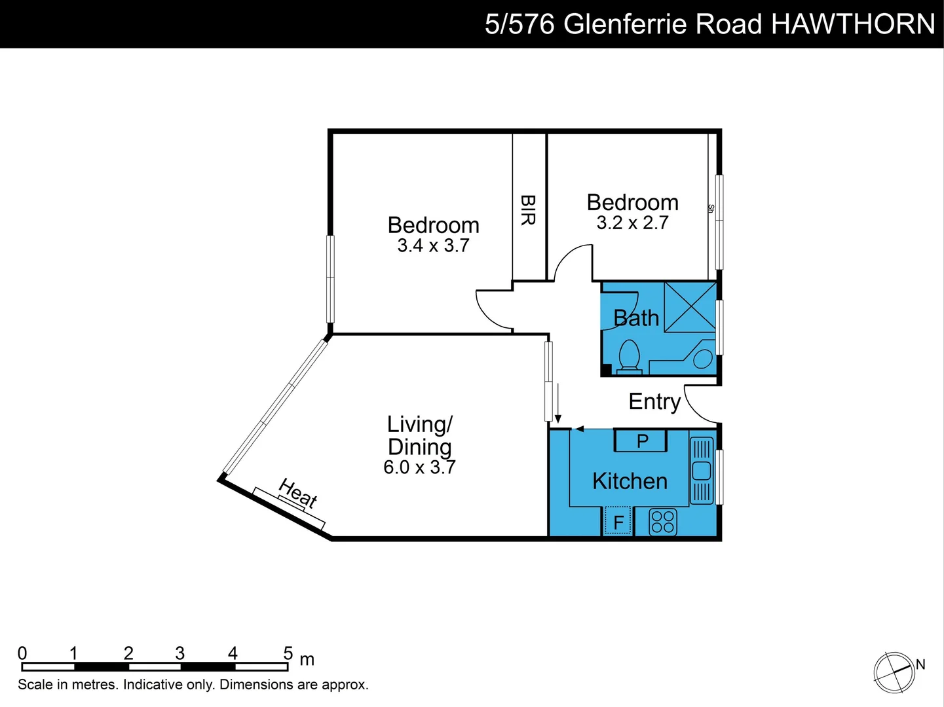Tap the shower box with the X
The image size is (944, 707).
[690, 307]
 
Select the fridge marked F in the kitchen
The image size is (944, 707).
[618, 522]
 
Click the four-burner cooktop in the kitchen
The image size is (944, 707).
[662, 522]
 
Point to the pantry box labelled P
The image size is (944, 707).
[641, 441]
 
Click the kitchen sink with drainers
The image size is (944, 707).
[701, 470]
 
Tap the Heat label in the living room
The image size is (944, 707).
[298, 493]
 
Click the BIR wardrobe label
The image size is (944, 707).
[528, 209]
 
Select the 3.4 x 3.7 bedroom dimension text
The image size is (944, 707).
[433, 245]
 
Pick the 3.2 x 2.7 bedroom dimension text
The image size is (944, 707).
[632, 223]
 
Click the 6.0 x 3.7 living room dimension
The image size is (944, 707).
[419, 467]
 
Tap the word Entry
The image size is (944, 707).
[654, 401]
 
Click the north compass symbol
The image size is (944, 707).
[894, 672]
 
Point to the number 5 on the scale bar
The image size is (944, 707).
[288, 653]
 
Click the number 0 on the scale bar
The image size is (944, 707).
[22, 653]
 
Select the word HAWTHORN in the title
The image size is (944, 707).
[852, 24]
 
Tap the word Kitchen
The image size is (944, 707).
[630, 481]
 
